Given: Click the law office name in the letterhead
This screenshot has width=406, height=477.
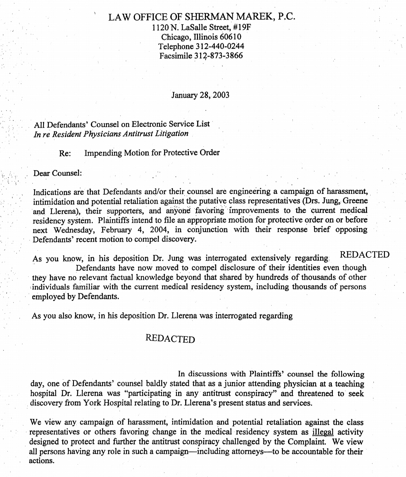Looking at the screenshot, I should [201, 17].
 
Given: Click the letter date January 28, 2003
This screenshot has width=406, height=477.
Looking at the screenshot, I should [200, 95].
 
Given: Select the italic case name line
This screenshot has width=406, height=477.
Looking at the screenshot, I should [111, 134].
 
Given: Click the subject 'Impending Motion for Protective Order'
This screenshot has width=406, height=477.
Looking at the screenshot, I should [152, 153].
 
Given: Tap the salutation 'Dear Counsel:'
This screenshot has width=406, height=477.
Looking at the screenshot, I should [58, 173].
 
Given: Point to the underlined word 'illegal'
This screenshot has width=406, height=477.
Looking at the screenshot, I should [323, 432].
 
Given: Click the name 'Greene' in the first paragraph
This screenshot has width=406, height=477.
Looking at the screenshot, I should [355, 201].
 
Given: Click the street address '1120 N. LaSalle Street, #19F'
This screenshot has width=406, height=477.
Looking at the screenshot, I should [201, 27].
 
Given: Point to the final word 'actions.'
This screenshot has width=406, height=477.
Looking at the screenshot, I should [42, 461].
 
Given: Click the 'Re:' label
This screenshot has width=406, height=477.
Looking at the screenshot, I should [65, 153].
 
